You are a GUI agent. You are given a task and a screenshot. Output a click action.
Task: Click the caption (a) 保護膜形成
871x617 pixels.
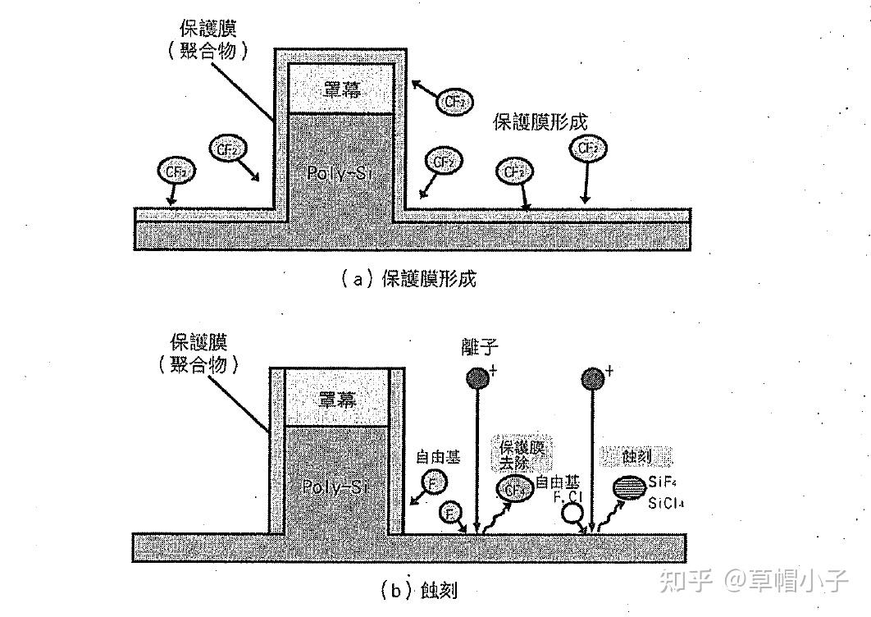click(408, 279)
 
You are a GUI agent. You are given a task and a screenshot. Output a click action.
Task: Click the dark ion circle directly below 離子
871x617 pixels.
click(477, 377)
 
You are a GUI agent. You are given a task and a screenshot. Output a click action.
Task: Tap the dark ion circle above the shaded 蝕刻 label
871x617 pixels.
click(591, 377)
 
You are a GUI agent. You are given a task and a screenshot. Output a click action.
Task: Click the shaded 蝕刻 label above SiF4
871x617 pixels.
click(637, 455)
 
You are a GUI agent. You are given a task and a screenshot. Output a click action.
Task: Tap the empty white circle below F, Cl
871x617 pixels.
click(571, 514)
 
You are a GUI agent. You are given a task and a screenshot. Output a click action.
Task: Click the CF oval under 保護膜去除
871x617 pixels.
click(514, 490)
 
